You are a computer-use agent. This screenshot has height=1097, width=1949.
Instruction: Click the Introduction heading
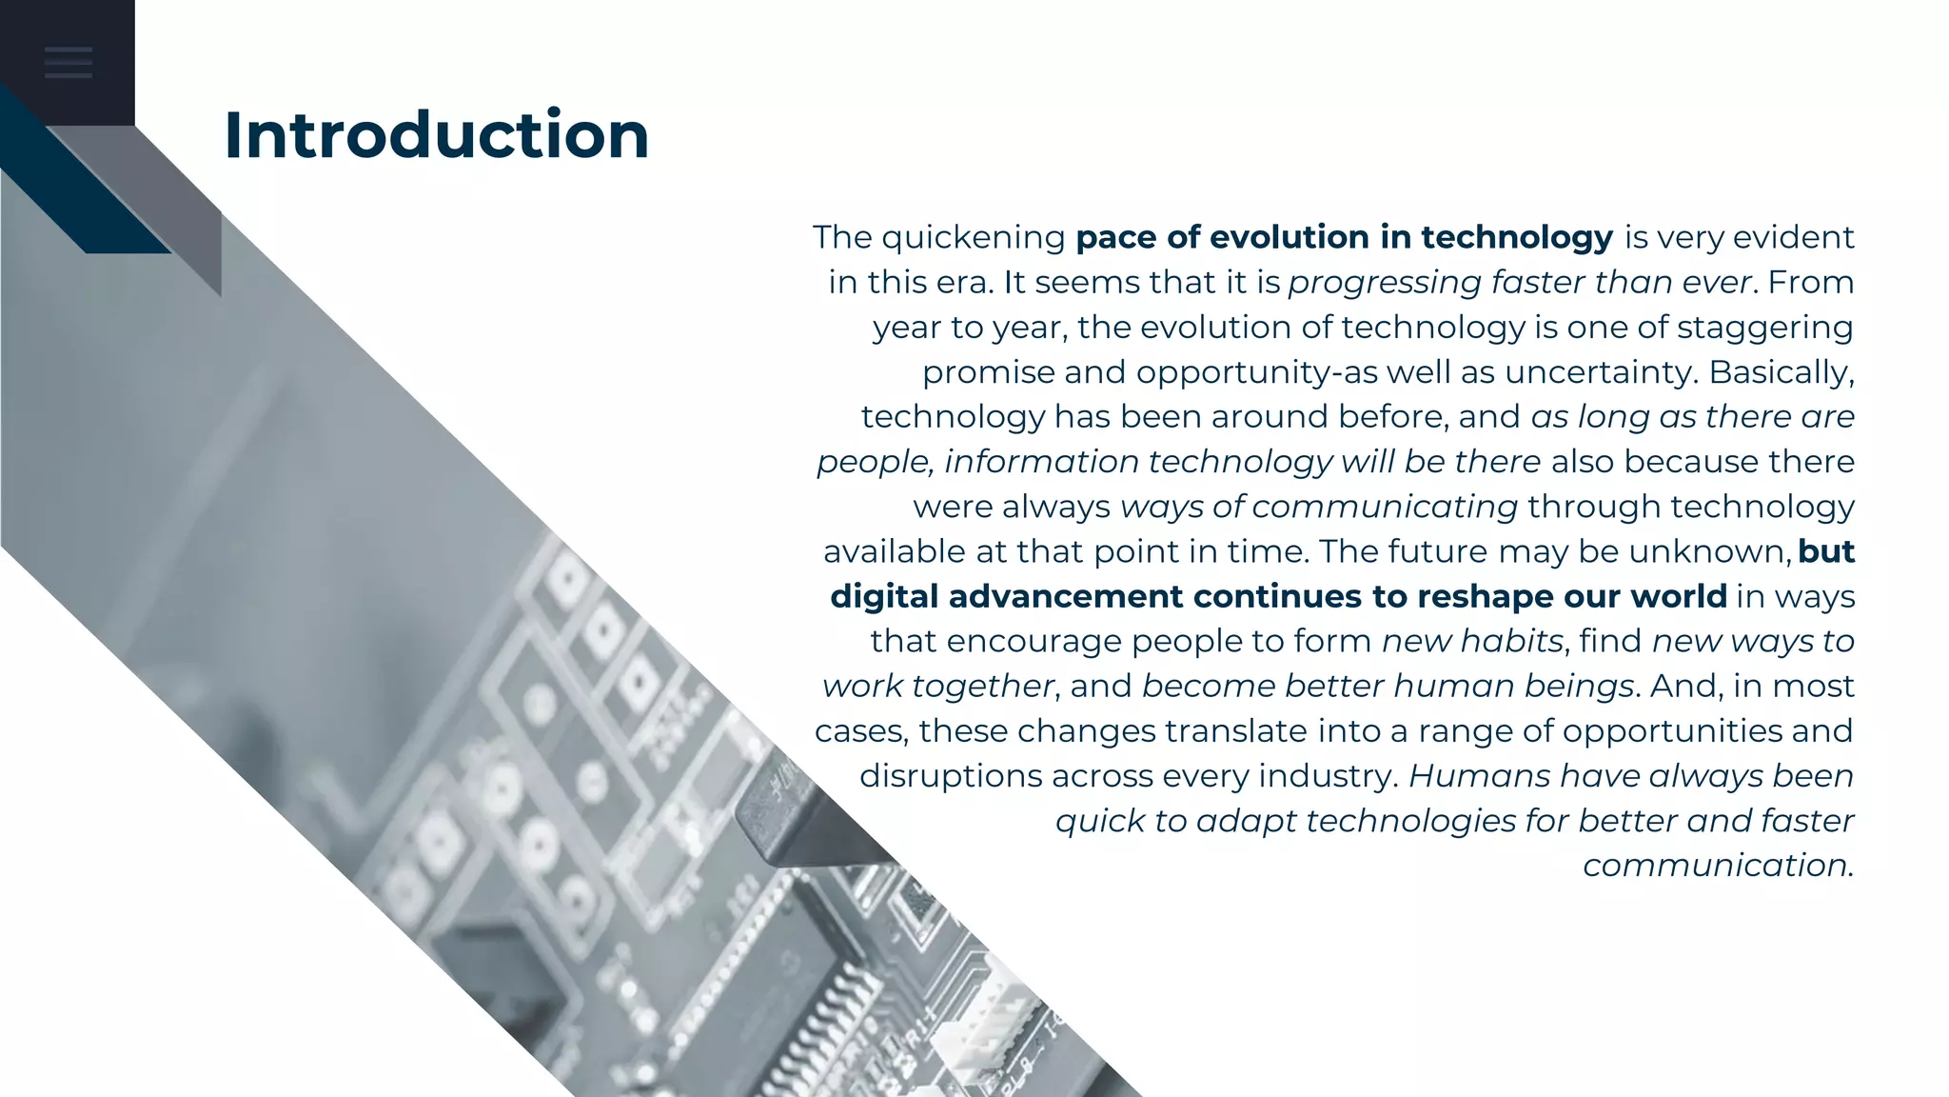pyautogui.click(x=436, y=135)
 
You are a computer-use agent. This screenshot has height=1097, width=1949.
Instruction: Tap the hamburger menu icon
pyautogui.click(x=68, y=62)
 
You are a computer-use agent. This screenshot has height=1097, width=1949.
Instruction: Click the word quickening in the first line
pyautogui.click(x=974, y=238)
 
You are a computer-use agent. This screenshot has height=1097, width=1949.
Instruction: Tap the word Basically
pyautogui.click(x=1781, y=372)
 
